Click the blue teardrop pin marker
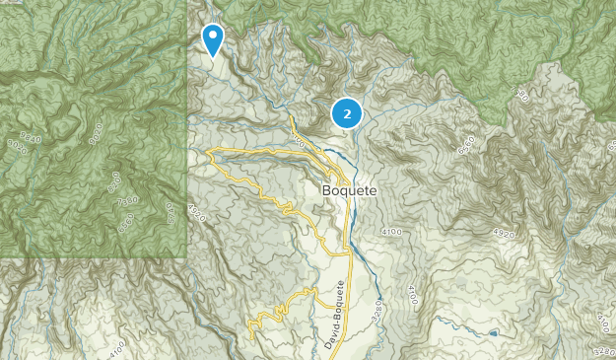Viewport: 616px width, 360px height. click(212, 38)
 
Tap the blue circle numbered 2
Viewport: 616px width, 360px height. click(347, 113)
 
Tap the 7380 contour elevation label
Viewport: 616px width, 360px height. click(128, 201)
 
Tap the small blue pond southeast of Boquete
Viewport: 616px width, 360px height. click(492, 333)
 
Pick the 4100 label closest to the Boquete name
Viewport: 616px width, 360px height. click(390, 232)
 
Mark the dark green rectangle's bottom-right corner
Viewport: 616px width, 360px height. click(186, 257)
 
